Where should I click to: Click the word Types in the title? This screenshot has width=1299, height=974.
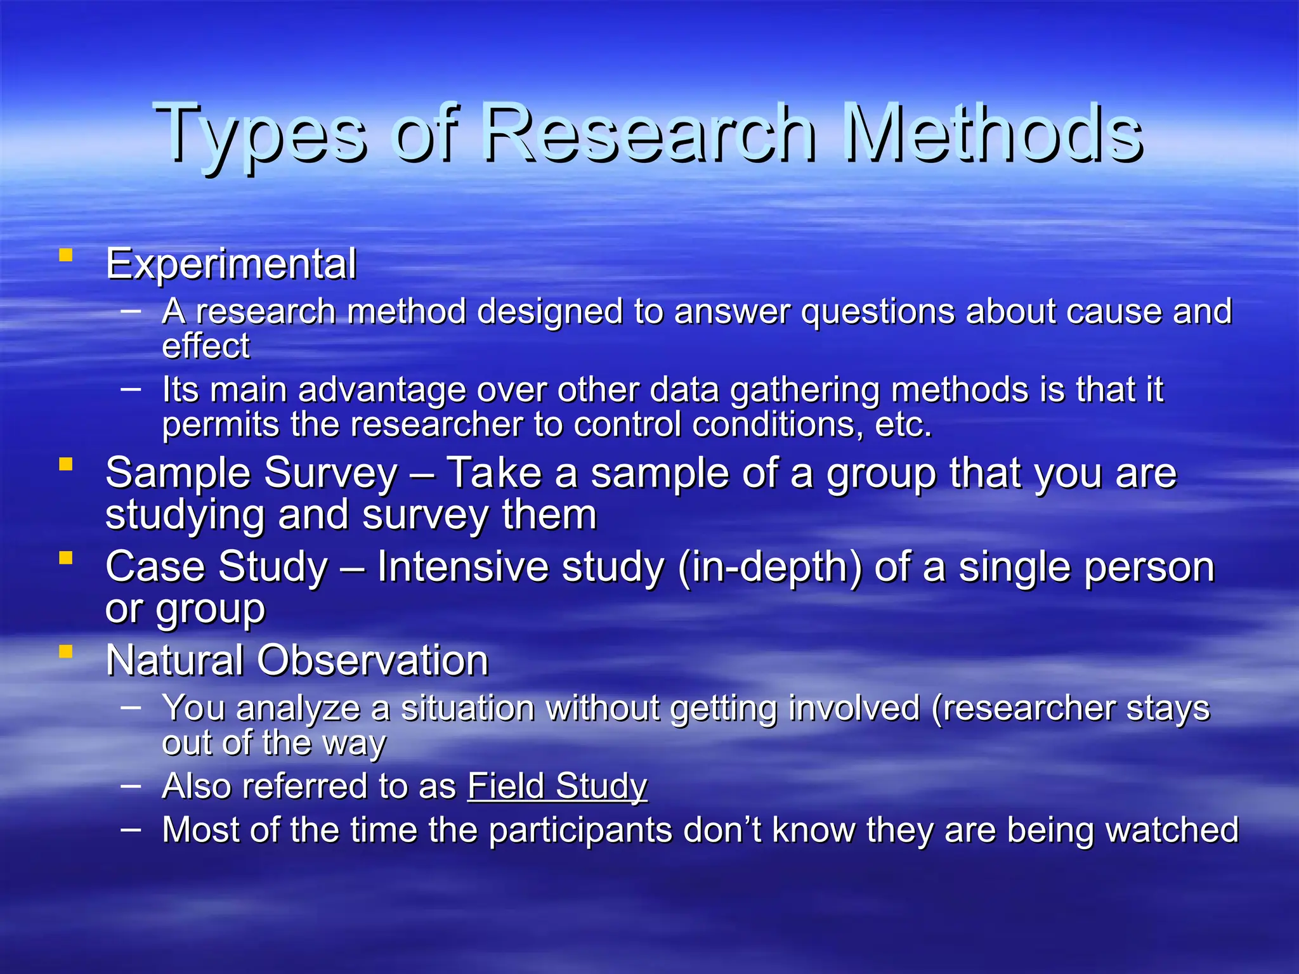click(260, 134)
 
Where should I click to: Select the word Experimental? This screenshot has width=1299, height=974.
click(231, 264)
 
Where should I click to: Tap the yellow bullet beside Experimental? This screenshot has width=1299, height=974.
click(65, 256)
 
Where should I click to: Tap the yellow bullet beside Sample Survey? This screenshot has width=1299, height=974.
click(65, 465)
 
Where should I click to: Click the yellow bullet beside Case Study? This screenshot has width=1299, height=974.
click(65, 558)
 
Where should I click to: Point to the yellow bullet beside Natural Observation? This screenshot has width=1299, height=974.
click(65, 651)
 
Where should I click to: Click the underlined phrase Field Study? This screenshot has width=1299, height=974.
click(557, 786)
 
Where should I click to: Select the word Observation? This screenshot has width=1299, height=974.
click(372, 661)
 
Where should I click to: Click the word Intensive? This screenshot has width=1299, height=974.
click(462, 566)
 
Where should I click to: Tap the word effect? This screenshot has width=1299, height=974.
click(206, 346)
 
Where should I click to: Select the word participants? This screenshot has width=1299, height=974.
click(580, 831)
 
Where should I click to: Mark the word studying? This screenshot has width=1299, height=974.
click(185, 515)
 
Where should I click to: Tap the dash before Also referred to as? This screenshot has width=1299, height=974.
click(130, 786)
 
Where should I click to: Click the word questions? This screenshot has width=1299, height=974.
click(877, 312)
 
